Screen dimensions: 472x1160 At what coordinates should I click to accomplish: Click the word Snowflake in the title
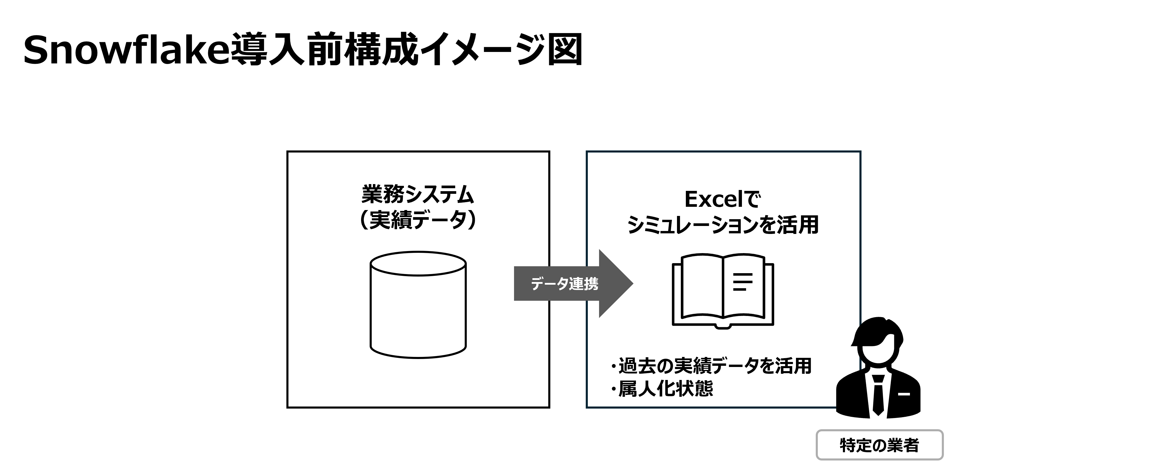[x=126, y=50]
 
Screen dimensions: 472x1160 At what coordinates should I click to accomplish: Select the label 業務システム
[x=418, y=195]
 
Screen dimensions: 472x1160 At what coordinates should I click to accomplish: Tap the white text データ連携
[x=564, y=283]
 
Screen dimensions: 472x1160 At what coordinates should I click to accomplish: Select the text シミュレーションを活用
[x=723, y=225]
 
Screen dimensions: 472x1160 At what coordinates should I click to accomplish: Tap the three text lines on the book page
[x=742, y=282]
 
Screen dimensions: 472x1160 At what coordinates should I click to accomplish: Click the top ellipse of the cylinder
[x=418, y=264]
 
